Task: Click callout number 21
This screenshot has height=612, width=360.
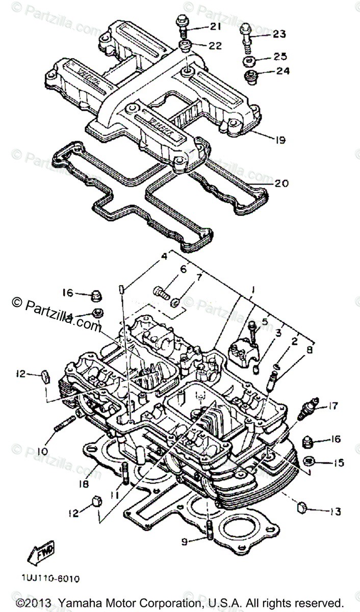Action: click(x=215, y=26)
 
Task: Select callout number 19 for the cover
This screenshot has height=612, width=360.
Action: click(x=279, y=139)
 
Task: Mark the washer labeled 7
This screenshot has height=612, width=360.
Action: click(x=176, y=303)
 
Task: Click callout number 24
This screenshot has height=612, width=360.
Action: click(x=282, y=71)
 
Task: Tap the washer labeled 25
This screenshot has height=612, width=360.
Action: click(x=250, y=62)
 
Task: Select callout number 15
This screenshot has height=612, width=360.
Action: click(x=339, y=463)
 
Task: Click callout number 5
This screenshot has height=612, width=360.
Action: click(x=265, y=322)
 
